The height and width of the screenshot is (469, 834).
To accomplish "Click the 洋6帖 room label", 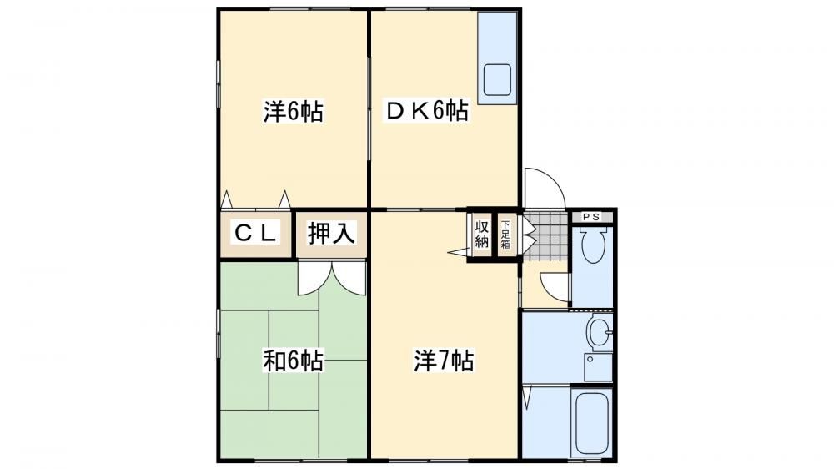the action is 293,111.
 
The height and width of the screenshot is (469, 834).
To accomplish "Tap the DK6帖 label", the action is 427,111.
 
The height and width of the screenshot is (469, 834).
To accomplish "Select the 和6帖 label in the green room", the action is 293,361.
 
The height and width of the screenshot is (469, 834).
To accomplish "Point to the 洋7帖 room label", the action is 444,361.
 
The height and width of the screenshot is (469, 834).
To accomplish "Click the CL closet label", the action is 256,233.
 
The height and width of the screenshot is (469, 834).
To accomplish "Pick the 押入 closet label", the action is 331,233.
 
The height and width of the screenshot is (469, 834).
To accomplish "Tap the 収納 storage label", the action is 481,234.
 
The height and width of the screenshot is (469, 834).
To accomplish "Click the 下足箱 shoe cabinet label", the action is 505,234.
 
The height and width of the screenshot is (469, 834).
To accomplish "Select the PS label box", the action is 591,217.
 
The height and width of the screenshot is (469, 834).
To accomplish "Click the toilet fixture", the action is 592,245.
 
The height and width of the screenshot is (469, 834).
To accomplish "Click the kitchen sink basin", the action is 497,80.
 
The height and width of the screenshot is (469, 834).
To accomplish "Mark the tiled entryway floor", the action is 546,237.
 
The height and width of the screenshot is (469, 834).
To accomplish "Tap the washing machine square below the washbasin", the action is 598,367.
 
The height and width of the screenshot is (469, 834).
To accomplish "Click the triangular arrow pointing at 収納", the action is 458,252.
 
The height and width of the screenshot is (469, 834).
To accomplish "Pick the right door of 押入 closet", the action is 349,278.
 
